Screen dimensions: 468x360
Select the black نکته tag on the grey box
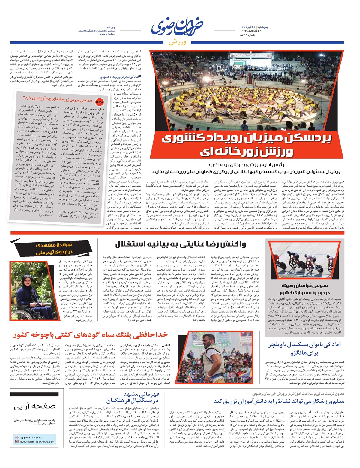(98, 101)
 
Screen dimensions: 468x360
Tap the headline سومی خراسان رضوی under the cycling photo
(304, 286)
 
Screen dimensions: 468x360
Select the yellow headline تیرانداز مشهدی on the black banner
(54, 245)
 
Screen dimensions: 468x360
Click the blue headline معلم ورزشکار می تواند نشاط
(279, 401)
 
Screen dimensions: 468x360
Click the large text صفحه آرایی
(34, 407)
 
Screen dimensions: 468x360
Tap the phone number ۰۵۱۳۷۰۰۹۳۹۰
(31, 437)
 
